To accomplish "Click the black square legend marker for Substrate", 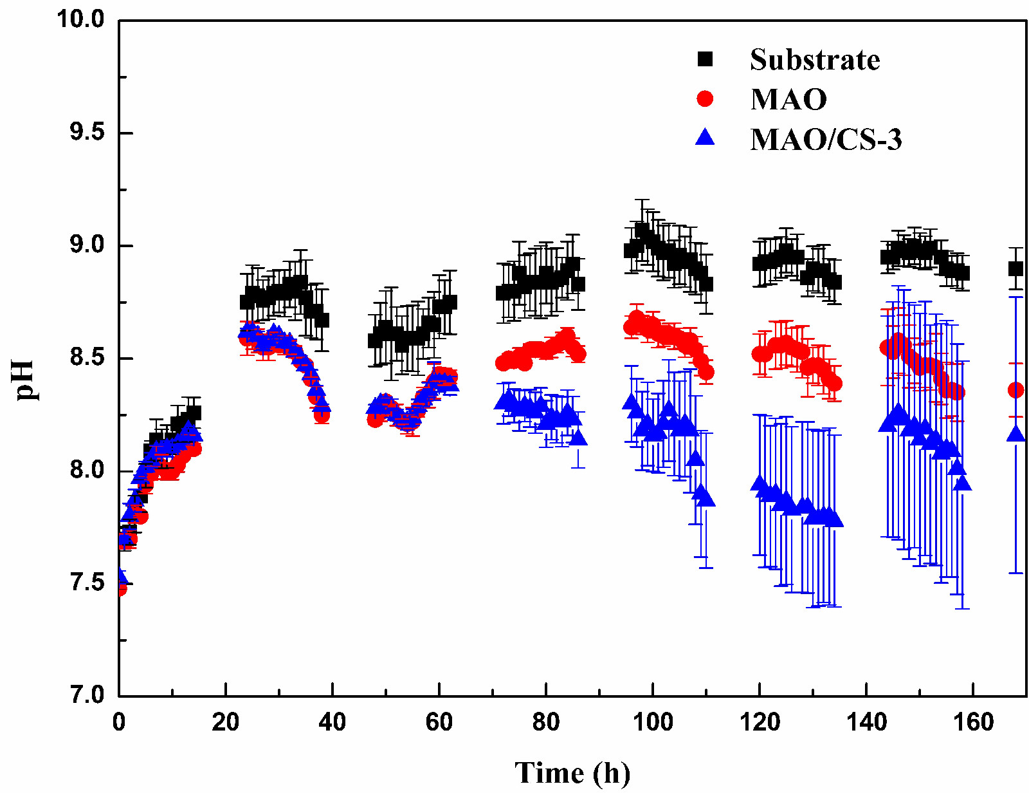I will tap(706, 59).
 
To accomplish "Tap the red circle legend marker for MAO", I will tap(706, 98).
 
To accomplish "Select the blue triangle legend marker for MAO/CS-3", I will tap(706, 137).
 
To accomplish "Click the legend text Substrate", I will tap(815, 60).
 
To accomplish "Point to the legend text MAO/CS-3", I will tap(826, 139).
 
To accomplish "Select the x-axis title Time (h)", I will tap(572, 772).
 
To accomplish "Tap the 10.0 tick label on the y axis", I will tap(80, 19).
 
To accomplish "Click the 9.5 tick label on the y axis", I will tap(87, 133).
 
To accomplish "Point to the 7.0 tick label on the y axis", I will tap(87, 696).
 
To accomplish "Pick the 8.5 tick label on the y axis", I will tap(87, 358).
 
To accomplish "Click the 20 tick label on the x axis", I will tap(226, 722).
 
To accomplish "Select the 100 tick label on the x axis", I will tap(653, 722).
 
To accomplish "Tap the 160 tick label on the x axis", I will tap(973, 722).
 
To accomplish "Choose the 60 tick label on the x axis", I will tap(439, 722).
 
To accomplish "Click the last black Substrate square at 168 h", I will tap(1015, 268).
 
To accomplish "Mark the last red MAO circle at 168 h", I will tap(1015, 389).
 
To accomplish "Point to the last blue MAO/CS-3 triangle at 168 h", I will tap(1016, 434).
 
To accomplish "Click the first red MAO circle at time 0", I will tap(120, 588).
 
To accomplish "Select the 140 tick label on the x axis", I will tap(866, 722).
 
